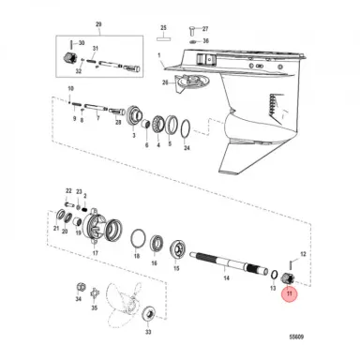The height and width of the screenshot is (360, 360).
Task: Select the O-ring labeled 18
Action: [x=137, y=242]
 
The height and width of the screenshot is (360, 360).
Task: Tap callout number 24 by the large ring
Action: [x=187, y=149]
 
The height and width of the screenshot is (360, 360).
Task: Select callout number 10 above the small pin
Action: [x=70, y=89]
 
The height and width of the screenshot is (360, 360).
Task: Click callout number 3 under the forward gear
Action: [x=133, y=136]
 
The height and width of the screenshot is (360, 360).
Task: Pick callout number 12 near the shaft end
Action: [x=302, y=253]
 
